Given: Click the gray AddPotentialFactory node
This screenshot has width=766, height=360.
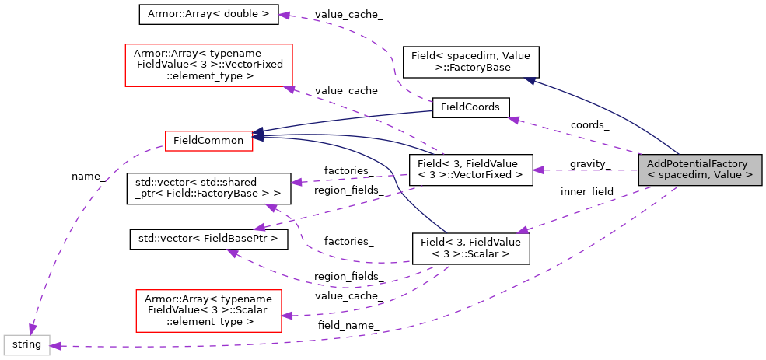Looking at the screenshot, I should coord(700,170).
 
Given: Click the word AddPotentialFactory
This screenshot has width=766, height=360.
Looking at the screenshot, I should coord(697,164).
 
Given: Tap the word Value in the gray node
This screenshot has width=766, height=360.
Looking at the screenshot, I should coord(727,176).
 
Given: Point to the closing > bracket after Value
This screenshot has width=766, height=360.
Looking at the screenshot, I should coord(750,176).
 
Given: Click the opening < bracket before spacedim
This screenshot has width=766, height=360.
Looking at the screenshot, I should coord(652,176).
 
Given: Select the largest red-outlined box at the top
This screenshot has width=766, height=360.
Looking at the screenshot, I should coord(208,65).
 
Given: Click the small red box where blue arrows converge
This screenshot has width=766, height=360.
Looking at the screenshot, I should coord(208,141).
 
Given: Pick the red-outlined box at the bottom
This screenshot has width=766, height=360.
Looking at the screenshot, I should coord(208,311).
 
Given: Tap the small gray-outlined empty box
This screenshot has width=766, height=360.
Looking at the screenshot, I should coord(26,345).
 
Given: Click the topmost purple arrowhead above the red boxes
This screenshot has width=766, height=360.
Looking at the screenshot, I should coord(285,16).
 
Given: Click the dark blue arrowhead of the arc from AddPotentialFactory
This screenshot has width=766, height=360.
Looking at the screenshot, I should coord(530,80).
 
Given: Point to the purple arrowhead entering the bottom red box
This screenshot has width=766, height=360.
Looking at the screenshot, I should coord(287,316).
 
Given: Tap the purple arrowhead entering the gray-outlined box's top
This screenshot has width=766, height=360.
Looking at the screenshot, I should coord(32,330).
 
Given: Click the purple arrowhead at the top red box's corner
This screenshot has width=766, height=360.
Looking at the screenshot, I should coord(289,89).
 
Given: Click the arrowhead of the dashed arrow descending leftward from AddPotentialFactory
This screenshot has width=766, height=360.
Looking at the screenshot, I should coord(523,230).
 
